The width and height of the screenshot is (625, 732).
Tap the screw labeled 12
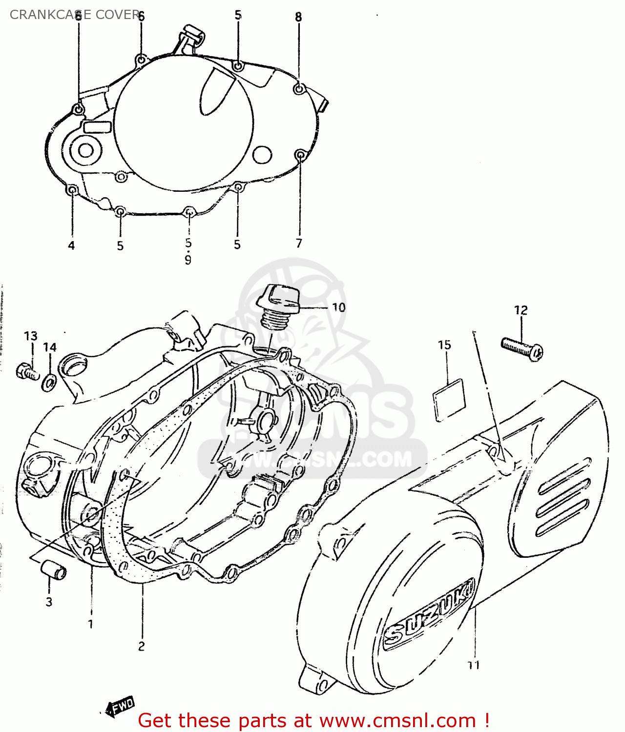[522, 348]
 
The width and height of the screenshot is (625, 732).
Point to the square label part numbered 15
[449, 399]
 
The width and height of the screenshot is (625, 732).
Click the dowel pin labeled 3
[53, 569]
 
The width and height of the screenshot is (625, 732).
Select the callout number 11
[473, 665]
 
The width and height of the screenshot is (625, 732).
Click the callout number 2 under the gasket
[142, 646]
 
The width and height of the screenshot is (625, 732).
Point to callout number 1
[90, 624]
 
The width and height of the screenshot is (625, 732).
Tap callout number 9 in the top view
[188, 260]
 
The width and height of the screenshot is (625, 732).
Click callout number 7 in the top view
[299, 243]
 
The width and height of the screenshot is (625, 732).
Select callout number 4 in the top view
[71, 245]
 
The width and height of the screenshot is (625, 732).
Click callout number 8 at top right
[298, 17]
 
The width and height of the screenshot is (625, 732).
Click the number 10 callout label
[338, 307]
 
